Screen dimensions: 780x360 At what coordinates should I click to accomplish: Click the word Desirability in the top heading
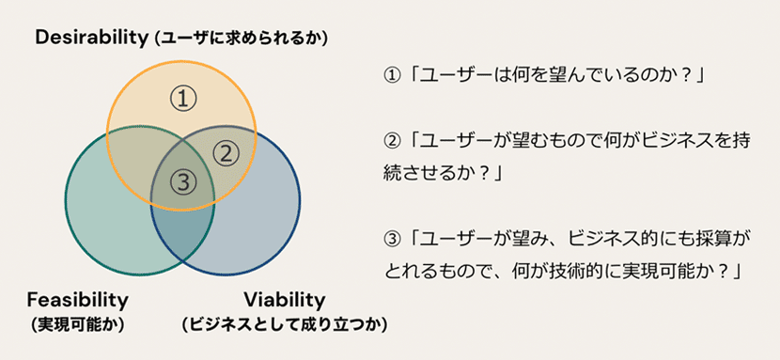88,39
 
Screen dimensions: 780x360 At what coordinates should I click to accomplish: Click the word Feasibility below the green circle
78,300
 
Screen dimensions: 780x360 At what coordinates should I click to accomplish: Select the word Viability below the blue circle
285,300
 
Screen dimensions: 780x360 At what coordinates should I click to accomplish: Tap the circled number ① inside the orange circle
183,100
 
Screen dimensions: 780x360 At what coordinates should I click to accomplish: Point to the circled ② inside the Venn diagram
226,154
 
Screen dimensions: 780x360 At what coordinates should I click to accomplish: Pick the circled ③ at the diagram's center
183,182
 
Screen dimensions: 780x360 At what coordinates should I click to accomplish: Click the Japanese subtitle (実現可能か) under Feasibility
78,324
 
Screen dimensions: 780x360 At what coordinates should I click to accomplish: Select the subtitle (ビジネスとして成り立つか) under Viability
285,324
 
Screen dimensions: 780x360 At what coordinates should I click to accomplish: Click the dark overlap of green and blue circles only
183,233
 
